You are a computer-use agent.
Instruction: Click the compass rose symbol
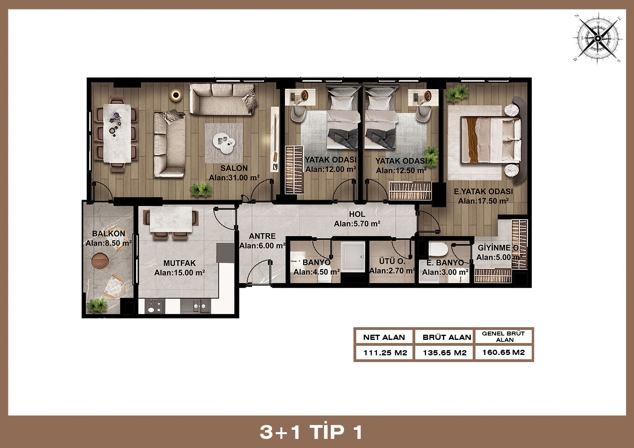598,38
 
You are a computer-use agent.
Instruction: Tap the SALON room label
234,168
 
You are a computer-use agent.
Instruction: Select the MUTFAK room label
180,263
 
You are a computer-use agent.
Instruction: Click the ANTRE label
262,236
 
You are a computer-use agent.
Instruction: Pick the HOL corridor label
357,214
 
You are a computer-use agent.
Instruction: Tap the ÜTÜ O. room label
392,261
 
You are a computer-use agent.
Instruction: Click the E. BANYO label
445,263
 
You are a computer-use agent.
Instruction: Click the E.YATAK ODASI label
483,192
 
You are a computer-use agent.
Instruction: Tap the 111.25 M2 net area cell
385,353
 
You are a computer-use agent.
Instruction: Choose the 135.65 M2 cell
445,353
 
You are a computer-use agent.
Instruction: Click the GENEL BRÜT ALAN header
504,337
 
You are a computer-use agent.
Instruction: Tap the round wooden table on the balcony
100,261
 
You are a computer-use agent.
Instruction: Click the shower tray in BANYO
353,257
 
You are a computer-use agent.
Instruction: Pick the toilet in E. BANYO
438,250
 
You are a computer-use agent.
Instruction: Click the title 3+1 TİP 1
311,432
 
